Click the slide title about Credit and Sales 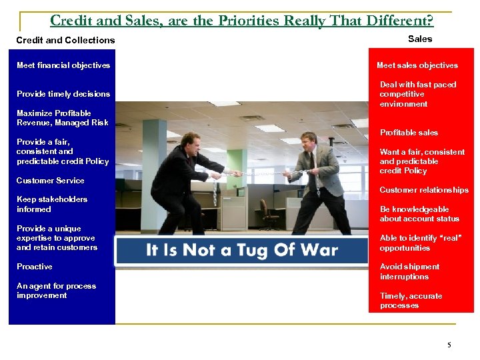point(241,21)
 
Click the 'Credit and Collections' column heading point(65,40)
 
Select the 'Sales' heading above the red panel point(419,39)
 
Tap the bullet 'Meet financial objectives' point(63,65)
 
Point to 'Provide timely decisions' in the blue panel point(63,94)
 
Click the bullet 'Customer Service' point(50,181)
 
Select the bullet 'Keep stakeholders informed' point(52,204)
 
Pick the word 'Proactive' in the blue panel point(35,267)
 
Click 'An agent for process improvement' point(56,291)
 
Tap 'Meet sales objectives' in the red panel point(417,65)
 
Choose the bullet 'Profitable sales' point(409,133)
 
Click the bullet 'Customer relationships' point(424,190)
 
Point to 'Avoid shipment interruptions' point(409,271)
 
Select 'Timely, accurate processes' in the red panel point(411,301)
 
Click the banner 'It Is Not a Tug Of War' point(241,251)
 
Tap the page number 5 point(449,345)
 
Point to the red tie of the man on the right point(311,163)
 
